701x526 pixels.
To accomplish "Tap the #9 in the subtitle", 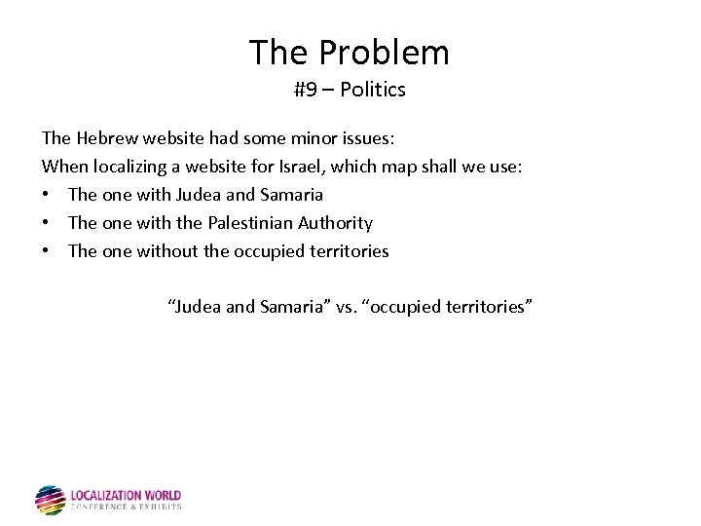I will (305, 91).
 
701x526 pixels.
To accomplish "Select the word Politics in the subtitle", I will (373, 91).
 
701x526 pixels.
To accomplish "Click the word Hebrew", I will (107, 138).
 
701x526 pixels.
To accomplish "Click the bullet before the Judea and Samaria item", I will (47, 195).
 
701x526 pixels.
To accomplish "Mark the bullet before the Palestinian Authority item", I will (47, 223).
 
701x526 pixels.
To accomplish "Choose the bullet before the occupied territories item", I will (47, 251).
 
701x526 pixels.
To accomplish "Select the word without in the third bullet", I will (168, 251).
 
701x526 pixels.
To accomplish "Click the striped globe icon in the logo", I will (50, 500).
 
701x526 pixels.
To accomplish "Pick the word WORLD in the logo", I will (162, 496).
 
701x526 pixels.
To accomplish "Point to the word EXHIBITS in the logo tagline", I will (160, 507).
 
